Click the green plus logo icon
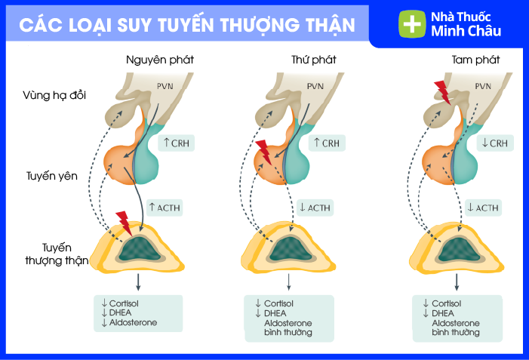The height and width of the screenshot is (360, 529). pyautogui.click(x=412, y=23)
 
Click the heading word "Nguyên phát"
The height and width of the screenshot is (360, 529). pyautogui.click(x=153, y=59)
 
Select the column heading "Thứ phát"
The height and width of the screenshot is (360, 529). pyautogui.click(x=313, y=59)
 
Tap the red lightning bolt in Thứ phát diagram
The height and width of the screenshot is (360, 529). pyautogui.click(x=263, y=152)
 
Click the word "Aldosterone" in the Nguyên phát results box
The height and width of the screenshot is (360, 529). pyautogui.click(x=134, y=323)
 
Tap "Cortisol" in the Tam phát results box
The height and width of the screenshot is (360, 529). pyautogui.click(x=450, y=303)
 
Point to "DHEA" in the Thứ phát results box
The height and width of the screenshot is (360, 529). pyautogui.click(x=275, y=313)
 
